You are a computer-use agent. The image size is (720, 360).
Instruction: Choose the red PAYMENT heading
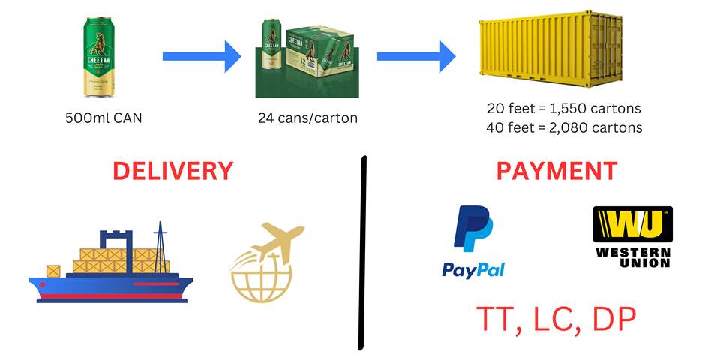[x=557, y=171]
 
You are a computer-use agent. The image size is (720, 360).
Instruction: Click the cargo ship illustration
[x=111, y=262]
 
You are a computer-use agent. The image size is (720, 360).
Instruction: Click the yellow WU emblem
[x=632, y=225]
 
